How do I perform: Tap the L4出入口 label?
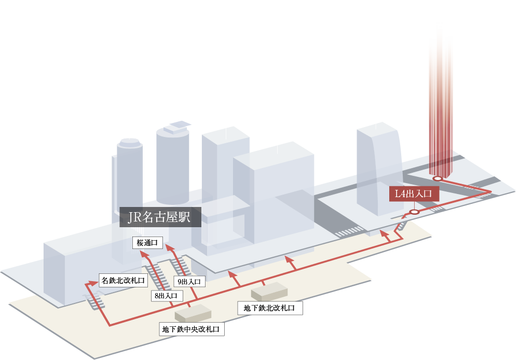pos(414,194)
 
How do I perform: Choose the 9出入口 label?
pos(189,282)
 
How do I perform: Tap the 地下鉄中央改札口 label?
pos(193,329)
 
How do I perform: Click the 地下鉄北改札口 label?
pos(269,308)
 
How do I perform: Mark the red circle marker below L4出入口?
pos(414,212)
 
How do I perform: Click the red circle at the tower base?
pos(438,178)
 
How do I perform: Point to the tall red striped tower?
pos(441,104)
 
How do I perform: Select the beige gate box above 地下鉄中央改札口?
pos(193,313)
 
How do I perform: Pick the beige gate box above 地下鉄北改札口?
pos(269,292)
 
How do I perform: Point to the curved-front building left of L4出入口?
pos(378,166)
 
